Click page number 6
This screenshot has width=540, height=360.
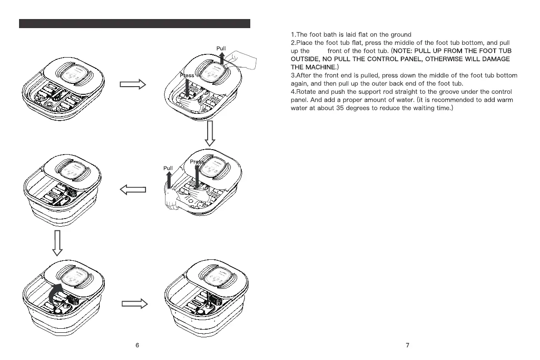137,345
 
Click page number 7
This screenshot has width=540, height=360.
407,345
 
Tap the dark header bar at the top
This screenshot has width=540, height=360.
135,24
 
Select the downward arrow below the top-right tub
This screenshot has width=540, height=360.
209,134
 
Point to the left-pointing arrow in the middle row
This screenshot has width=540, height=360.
133,190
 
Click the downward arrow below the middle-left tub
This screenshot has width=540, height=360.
57,243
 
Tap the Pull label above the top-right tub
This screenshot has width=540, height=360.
221,49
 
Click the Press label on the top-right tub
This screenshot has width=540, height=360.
187,75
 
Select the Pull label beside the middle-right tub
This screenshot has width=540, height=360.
168,168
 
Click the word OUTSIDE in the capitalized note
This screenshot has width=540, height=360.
306,59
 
